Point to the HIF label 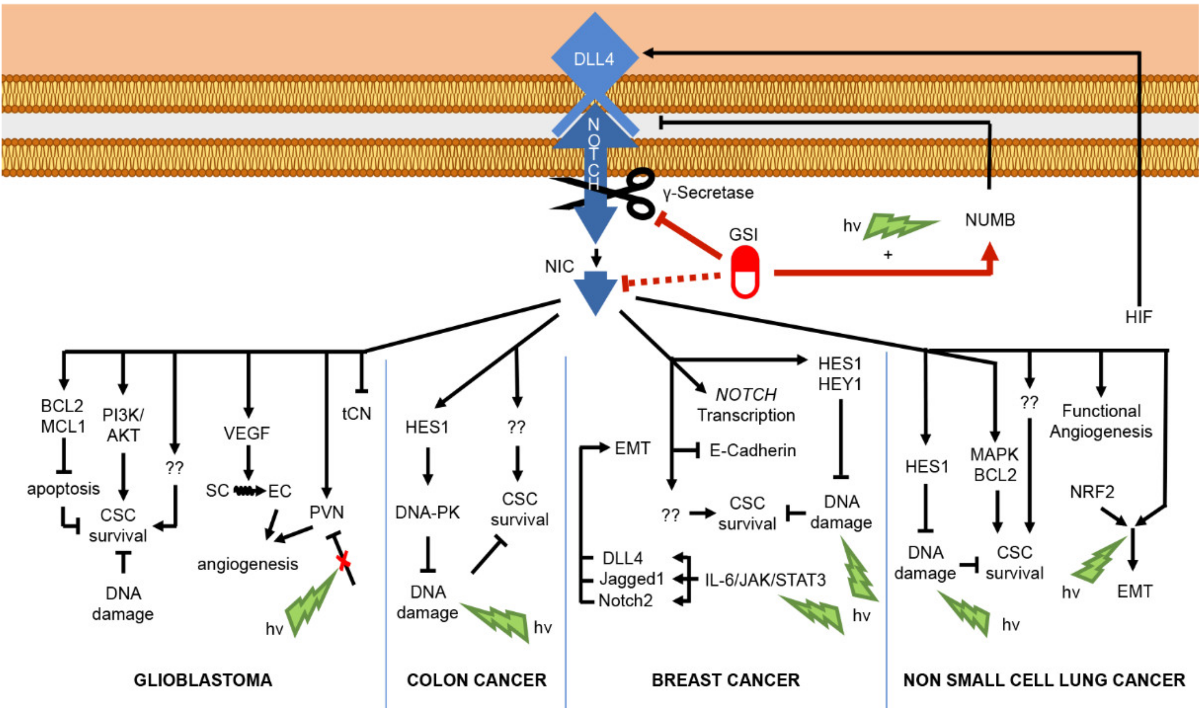pos(1138,317)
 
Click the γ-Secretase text pos(708,193)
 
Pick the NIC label pos(559,266)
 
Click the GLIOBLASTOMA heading pos(203,680)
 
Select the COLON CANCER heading pos(477,680)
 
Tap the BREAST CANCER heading pos(725,680)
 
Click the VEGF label pos(247,433)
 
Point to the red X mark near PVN pos(344,561)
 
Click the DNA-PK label pos(427,512)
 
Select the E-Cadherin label pos(753,450)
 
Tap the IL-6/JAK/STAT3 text pos(765,580)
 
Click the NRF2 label pos(1092,492)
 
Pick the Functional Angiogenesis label pos(1101,421)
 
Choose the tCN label pos(357,414)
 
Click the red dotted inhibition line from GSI pos(672,280)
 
